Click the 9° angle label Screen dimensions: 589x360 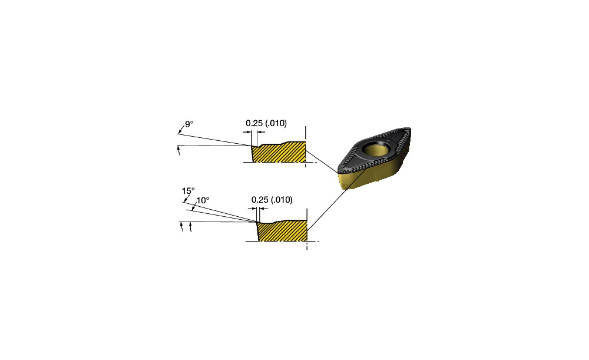pos(189,124)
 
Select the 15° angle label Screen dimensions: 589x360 pos(188,191)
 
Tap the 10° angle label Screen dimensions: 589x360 pos(203,200)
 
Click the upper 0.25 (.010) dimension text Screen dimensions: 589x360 pos(266,123)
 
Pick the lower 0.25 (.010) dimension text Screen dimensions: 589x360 pos(272,200)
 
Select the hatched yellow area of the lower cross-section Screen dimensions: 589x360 pos(283,231)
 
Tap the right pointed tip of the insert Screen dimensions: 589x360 pos(409,130)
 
